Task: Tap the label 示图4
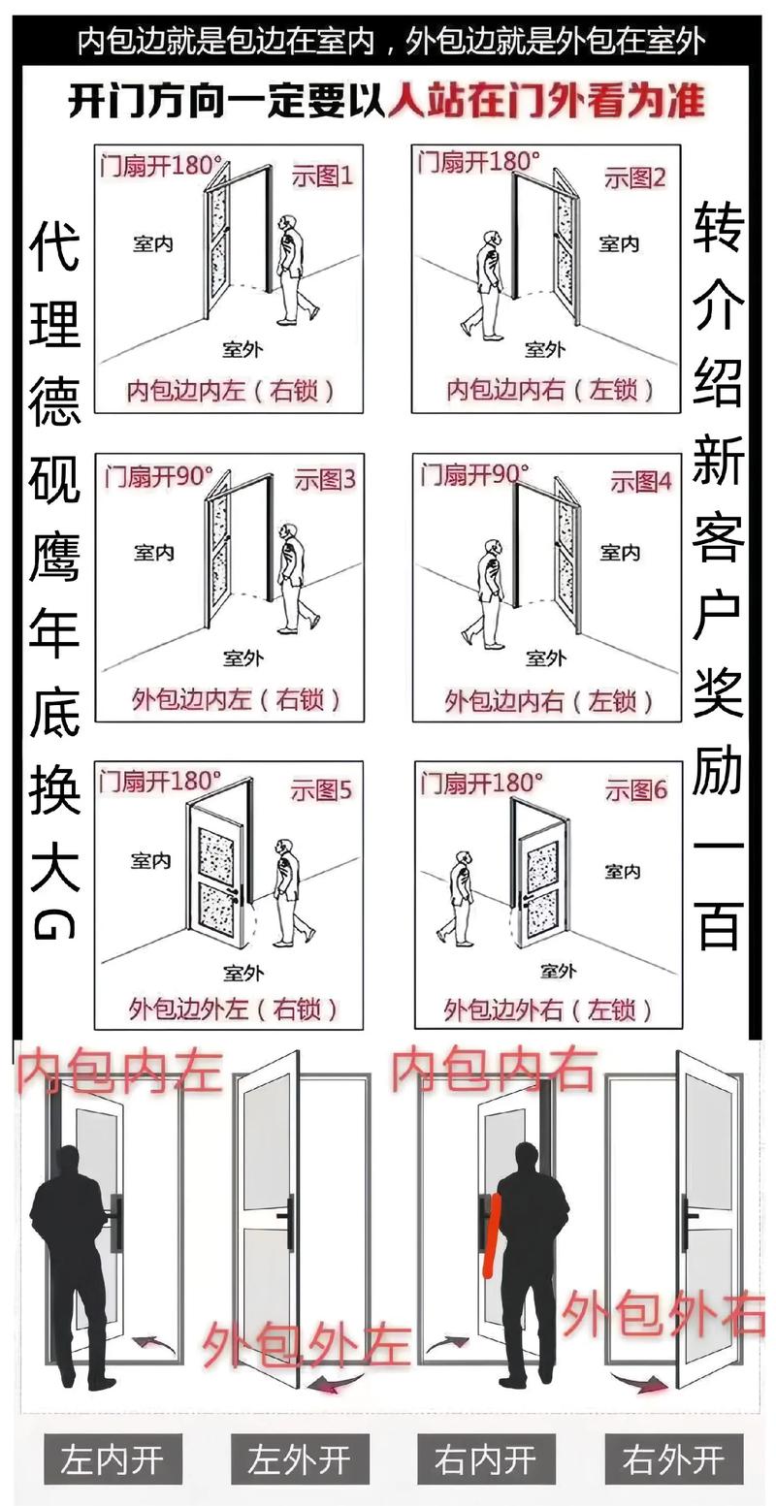[x=640, y=481]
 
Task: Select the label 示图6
[x=636, y=790]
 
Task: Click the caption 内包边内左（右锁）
[x=231, y=390]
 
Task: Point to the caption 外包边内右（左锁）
[x=549, y=700]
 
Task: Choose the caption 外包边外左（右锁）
[x=234, y=1009]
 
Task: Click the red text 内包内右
[x=492, y=1070]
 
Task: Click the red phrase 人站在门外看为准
[x=546, y=100]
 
